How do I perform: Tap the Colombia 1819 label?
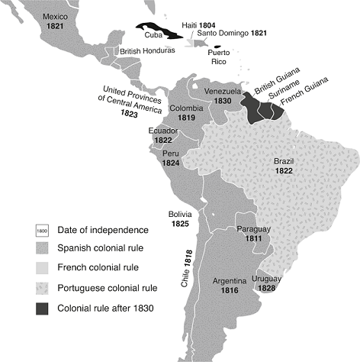(187, 113)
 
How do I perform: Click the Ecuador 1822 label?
(164, 134)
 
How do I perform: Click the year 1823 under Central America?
(130, 113)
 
